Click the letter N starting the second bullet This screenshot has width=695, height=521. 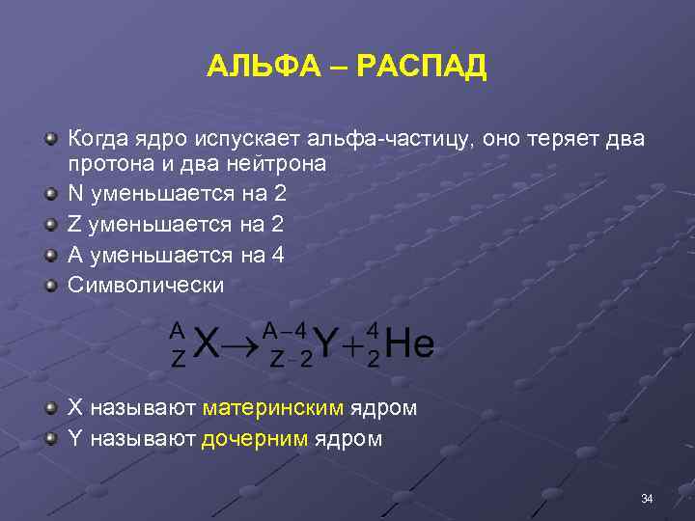(x=74, y=193)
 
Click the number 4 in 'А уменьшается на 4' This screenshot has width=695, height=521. (x=277, y=255)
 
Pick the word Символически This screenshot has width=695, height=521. (x=145, y=286)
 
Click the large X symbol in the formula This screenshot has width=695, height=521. (x=206, y=344)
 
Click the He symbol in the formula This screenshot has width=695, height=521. (x=409, y=344)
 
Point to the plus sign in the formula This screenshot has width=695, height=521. (x=356, y=345)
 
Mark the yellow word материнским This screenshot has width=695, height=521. (x=273, y=408)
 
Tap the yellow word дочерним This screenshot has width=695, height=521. (x=255, y=439)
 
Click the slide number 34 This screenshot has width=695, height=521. (x=647, y=498)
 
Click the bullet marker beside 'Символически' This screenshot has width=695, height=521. (x=49, y=286)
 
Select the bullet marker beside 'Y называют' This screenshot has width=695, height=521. (x=49, y=439)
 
